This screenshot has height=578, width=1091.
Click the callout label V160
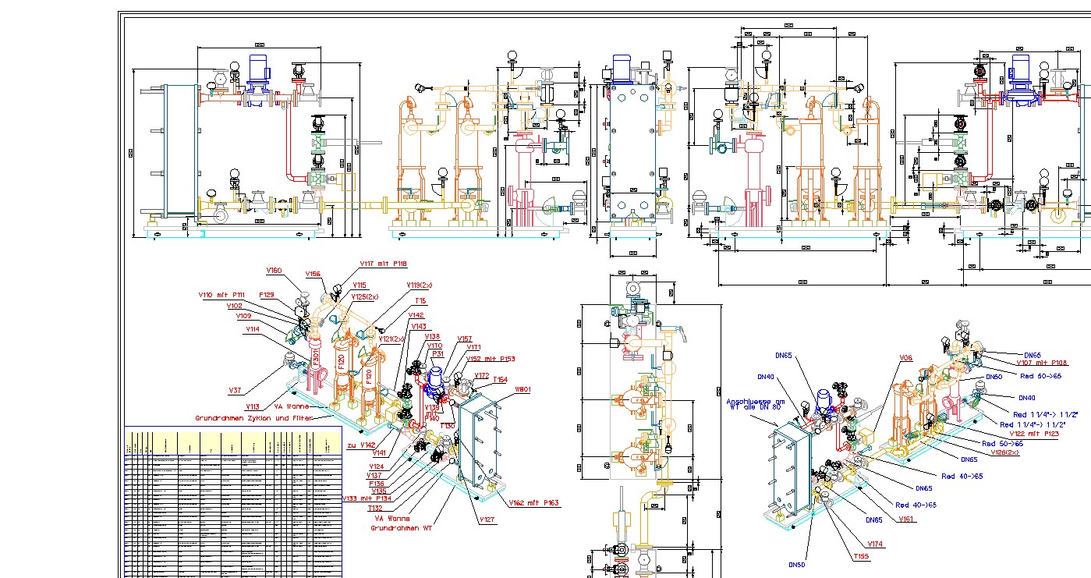point(273,271)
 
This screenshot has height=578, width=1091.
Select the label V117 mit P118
point(383,264)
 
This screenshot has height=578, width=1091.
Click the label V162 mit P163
point(534,503)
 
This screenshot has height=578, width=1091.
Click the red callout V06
point(905,358)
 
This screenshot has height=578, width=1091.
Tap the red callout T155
point(861,556)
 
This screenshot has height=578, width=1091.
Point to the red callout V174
point(875,543)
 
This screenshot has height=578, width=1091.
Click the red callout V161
point(906,519)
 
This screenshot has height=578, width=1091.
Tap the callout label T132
point(374,508)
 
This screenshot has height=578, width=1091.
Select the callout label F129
point(267,295)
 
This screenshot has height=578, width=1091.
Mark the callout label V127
point(487,519)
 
